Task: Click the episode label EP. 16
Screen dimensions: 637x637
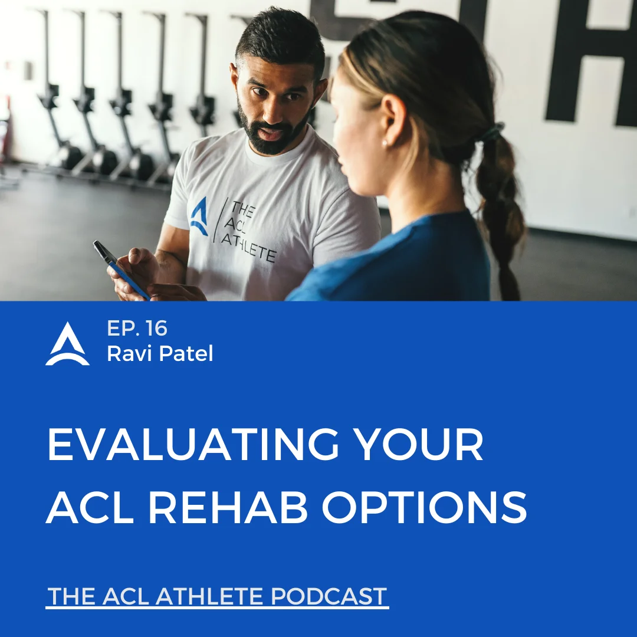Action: click(x=137, y=329)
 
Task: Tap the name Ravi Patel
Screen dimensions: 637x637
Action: click(x=160, y=353)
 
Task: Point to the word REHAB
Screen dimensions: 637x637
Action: click(x=228, y=507)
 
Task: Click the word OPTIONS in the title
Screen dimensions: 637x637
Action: click(x=425, y=507)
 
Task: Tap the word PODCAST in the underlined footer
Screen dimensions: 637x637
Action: click(x=329, y=596)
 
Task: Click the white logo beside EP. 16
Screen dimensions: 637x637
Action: click(x=67, y=344)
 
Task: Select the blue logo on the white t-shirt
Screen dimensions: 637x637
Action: click(x=199, y=216)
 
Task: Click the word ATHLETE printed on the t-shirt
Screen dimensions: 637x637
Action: click(x=249, y=247)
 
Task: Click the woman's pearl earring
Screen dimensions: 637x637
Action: click(x=385, y=143)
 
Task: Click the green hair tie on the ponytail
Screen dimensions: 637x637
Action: click(x=492, y=132)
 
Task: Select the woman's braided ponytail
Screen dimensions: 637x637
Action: click(x=501, y=211)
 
